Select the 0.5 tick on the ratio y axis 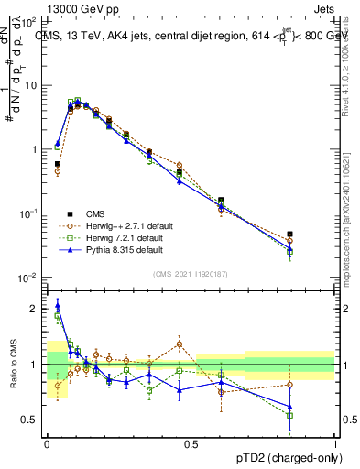coord(31,420)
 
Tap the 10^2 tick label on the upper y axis coord(28,20)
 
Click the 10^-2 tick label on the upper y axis coord(28,278)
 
